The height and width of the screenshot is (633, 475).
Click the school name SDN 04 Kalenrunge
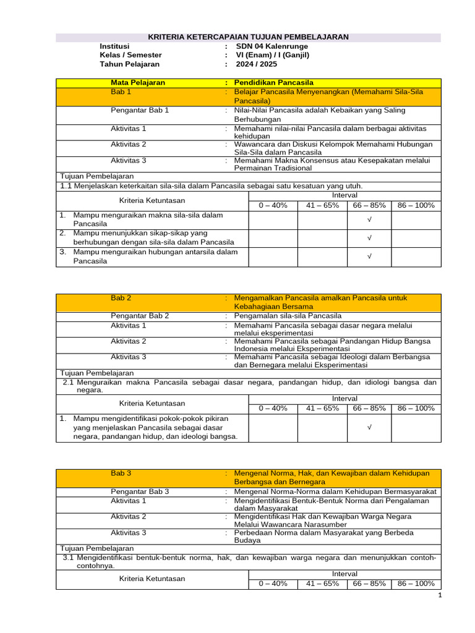271,46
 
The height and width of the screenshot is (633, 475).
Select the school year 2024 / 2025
256,64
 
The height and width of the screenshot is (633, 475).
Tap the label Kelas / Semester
131,55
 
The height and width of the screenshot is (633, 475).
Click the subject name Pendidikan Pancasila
274,82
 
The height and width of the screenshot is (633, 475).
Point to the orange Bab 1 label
121,91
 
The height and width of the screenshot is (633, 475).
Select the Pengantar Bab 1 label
139,110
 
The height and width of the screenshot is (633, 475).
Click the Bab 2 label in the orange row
121,297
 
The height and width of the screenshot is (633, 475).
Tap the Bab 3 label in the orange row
121,473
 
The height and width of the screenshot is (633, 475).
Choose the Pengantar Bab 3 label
140,491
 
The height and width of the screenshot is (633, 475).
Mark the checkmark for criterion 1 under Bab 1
369,219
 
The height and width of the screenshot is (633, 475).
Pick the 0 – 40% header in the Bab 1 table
273,205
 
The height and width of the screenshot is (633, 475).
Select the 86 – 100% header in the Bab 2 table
416,408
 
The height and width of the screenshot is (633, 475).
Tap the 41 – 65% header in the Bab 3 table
322,584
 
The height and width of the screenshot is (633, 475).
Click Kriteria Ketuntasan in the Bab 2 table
152,403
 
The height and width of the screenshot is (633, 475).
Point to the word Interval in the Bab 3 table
344,574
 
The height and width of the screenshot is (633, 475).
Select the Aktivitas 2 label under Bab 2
129,341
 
